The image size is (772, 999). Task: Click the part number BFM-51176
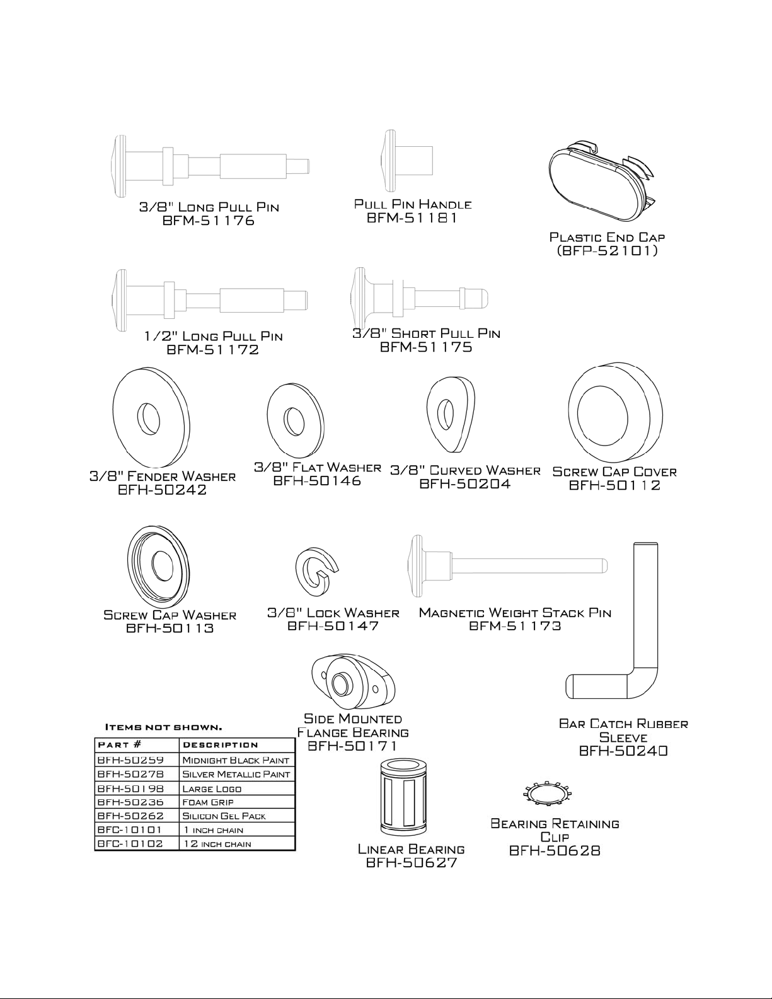pyautogui.click(x=208, y=221)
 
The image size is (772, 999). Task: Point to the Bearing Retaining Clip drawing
pyautogui.click(x=547, y=793)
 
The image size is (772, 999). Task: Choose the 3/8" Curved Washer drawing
pyautogui.click(x=450, y=413)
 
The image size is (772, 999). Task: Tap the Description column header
pyautogui.click(x=221, y=745)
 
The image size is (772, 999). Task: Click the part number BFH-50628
pyautogui.click(x=555, y=851)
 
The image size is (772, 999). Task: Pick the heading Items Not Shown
pyautogui.click(x=164, y=727)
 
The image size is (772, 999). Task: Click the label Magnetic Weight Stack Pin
pyautogui.click(x=515, y=613)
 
